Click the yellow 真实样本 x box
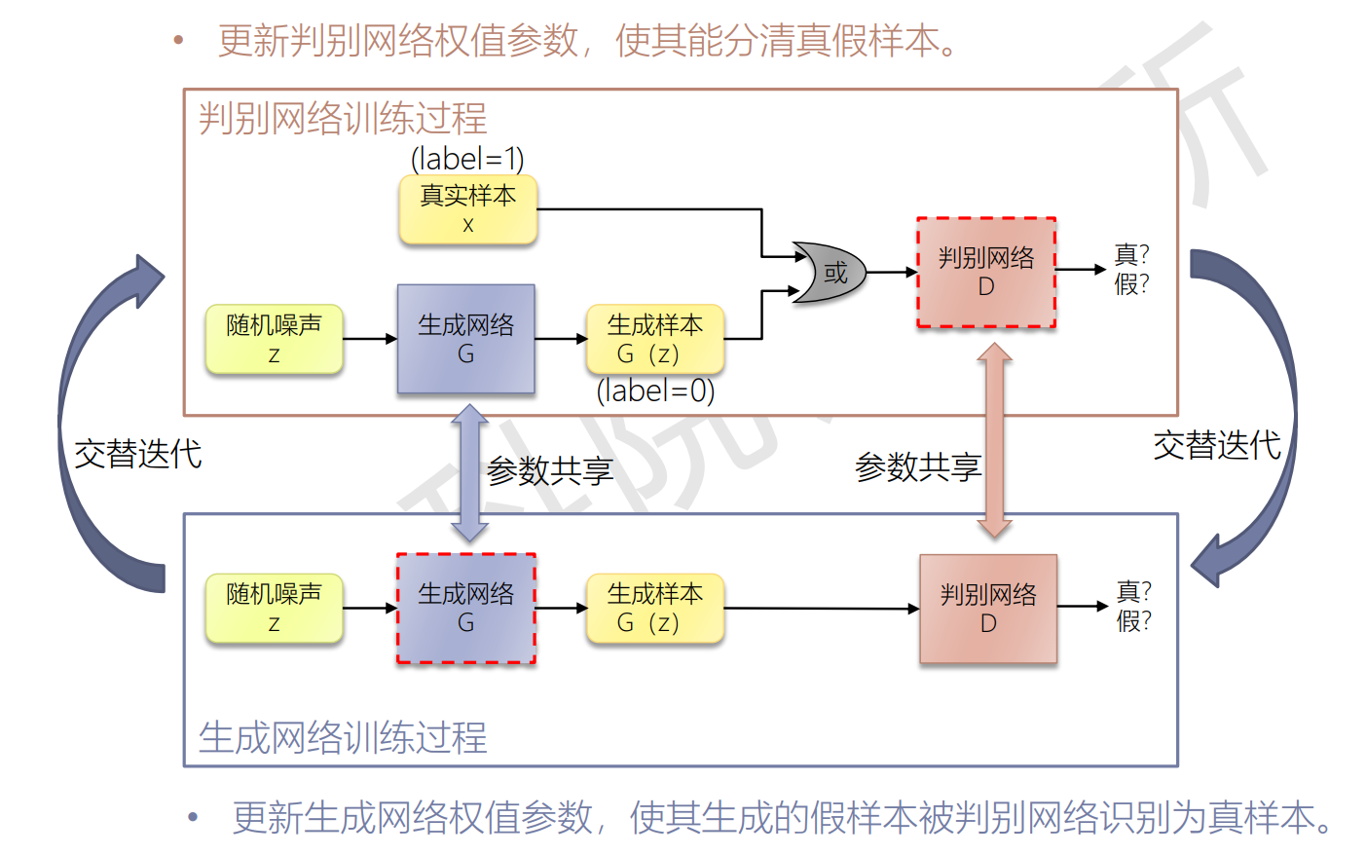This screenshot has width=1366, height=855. pos(467,209)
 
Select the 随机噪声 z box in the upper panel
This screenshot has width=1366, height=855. pos(274,339)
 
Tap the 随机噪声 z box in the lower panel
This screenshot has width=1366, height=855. pos(274,609)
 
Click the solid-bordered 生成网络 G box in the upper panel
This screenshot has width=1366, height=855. pos(465,339)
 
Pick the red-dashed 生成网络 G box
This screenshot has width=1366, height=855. pos(465,609)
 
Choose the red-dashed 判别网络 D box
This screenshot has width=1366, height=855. pos(986,273)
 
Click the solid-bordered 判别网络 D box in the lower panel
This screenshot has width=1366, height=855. pos(988,609)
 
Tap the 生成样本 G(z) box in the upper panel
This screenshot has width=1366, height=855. pos(654,339)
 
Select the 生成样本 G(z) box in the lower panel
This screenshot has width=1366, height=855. pos(654,609)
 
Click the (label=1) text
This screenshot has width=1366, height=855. pos(467,159)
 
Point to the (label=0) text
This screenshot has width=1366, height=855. pos(655,391)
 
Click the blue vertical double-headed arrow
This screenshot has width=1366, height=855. pos(469,472)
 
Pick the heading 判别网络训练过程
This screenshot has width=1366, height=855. pos(343,119)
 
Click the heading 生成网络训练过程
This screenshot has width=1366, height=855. pos(343,737)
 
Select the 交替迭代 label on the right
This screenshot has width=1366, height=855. pos(1216,446)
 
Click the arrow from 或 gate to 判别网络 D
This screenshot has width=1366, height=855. pos(891,273)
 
